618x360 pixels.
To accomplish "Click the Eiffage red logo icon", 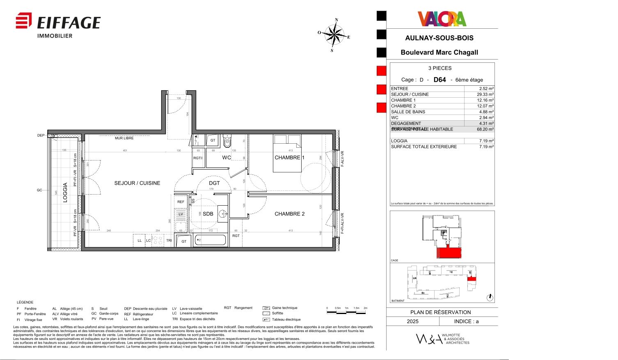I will coord(24,21).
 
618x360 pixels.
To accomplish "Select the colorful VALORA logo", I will coord(442,19).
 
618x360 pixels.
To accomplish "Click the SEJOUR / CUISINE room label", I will coord(137,183).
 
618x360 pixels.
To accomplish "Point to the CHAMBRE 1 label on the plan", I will coord(289,158).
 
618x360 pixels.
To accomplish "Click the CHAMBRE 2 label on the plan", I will coord(289,214).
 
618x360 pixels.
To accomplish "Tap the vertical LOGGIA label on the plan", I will coord(65,193).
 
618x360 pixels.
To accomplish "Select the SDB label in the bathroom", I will coord(208,214).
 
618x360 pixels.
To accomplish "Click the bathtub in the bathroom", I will coord(210,240).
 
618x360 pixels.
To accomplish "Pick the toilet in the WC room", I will coord(227,142).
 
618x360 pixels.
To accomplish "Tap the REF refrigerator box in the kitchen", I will coord(181,202).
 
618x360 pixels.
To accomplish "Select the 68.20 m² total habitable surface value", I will coord(485,129).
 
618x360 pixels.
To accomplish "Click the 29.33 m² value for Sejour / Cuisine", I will coord(485,94).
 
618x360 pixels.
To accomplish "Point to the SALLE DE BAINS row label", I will coord(408,112).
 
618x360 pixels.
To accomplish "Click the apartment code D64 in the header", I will coord(439,80).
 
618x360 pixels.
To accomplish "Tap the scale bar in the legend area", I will coord(346,312).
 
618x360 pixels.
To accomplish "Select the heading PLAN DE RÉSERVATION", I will coord(440,312).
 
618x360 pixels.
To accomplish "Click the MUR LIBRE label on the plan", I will coord(124,138).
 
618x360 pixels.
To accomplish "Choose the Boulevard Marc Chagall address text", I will coord(439,53).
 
